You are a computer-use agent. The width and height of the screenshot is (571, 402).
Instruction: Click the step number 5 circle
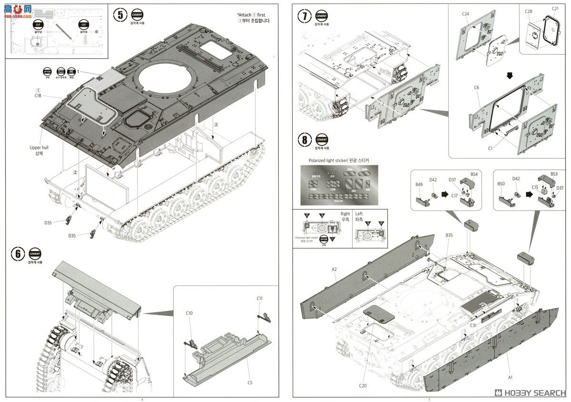[x=120, y=15]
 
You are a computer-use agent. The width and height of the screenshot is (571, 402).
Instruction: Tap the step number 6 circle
[x=17, y=254]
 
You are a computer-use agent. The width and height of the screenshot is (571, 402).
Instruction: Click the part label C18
[x=39, y=96]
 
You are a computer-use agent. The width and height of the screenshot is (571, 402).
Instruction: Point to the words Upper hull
[x=39, y=148]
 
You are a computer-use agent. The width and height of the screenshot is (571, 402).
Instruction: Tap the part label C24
[x=465, y=14]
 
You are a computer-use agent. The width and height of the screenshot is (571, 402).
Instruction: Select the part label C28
[x=528, y=11]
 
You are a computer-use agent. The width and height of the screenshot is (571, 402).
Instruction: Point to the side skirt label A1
[x=510, y=377]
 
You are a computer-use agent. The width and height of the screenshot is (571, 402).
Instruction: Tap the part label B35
[x=450, y=235]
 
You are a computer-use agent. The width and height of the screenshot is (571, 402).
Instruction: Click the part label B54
[x=474, y=175]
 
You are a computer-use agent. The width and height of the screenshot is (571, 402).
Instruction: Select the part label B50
[x=501, y=184]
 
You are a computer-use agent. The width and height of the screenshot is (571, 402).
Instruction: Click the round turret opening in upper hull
[x=166, y=79]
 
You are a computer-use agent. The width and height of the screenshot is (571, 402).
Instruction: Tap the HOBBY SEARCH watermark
[x=531, y=393]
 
